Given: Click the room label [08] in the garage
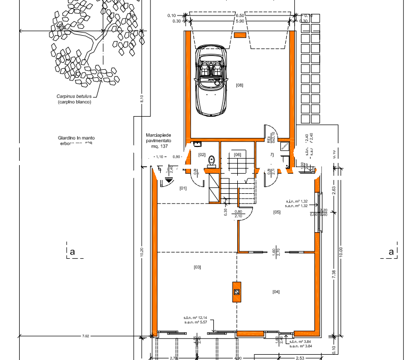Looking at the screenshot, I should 239,85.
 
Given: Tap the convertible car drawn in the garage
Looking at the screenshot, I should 211,80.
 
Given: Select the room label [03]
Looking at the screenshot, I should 197,266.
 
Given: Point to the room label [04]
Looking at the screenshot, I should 276,291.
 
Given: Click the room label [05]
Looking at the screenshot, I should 277,212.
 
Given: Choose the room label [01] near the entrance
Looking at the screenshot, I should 183,188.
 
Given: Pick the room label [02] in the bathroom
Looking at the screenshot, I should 202,154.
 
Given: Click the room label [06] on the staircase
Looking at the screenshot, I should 237,154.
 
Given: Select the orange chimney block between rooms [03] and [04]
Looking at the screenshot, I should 236,291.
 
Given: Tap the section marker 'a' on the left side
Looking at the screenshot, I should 71,251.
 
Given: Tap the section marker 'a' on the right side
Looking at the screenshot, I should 391,251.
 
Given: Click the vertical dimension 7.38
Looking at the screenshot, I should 334,273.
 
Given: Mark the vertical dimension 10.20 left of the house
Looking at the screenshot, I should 142,253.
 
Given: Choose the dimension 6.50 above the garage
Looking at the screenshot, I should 239,16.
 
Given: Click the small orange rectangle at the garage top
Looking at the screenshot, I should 240,35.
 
